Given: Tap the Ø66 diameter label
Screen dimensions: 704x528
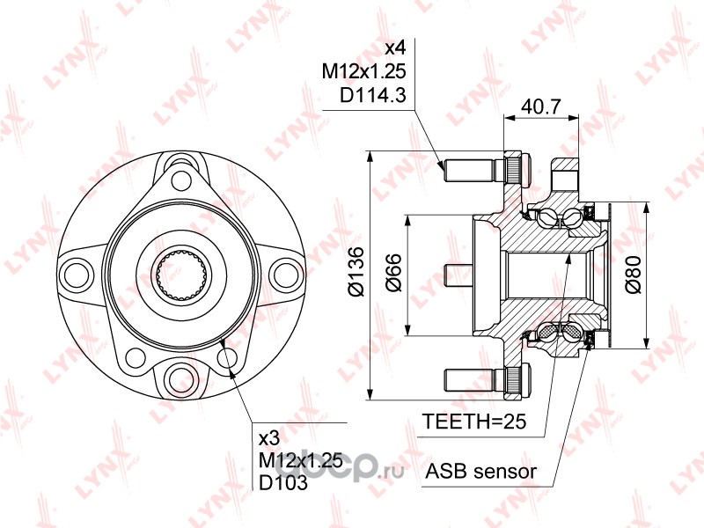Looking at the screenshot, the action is pyautogui.click(x=394, y=273).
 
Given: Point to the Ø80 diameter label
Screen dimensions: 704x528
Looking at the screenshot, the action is pyautogui.click(x=634, y=275).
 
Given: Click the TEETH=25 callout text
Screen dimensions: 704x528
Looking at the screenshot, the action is pyautogui.click(x=474, y=422).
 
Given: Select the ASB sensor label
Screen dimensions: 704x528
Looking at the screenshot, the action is pyautogui.click(x=480, y=472).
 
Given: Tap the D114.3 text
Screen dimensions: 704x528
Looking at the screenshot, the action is pyautogui.click(x=372, y=95).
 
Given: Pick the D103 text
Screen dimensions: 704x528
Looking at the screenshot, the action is pyautogui.click(x=283, y=482).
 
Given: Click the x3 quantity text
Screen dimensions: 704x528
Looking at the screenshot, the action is pyautogui.click(x=269, y=437).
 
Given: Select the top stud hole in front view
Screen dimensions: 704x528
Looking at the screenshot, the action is pyautogui.click(x=182, y=180).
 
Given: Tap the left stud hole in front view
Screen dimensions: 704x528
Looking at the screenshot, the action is pyautogui.click(x=77, y=274).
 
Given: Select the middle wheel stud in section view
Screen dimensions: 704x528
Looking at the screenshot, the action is pyautogui.click(x=458, y=275).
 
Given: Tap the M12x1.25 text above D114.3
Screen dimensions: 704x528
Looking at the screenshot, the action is pyautogui.click(x=364, y=70).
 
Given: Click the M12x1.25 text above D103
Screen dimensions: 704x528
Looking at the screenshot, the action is pyautogui.click(x=301, y=459).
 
